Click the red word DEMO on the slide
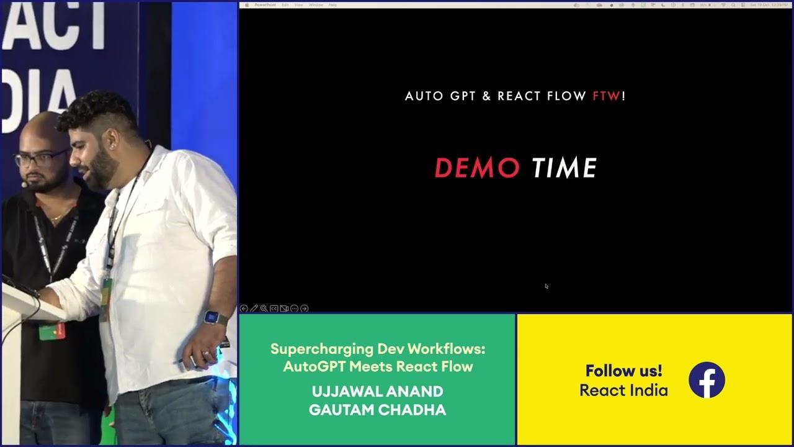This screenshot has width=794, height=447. [x=476, y=168]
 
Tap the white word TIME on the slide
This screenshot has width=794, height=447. [x=564, y=168]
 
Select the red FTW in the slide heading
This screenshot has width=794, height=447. [x=606, y=96]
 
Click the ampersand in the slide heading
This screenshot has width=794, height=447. [x=486, y=96]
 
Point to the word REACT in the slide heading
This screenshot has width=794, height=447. [x=520, y=96]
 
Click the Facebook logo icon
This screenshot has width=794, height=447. [x=707, y=380]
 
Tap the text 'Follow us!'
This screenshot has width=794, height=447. [x=623, y=371]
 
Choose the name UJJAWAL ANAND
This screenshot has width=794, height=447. [x=377, y=392]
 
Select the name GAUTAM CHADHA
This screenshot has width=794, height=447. [x=377, y=410]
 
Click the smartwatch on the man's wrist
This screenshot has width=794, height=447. [x=214, y=317]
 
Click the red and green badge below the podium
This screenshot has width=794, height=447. [x=51, y=330]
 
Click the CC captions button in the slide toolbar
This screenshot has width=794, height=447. [x=274, y=309]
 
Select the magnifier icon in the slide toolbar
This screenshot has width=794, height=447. [x=264, y=309]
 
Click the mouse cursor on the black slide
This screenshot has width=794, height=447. [x=546, y=286]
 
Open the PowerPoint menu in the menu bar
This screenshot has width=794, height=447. [x=265, y=4]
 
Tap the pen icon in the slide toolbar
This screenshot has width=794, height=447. [x=254, y=309]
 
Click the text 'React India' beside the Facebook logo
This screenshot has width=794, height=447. [x=623, y=391]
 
